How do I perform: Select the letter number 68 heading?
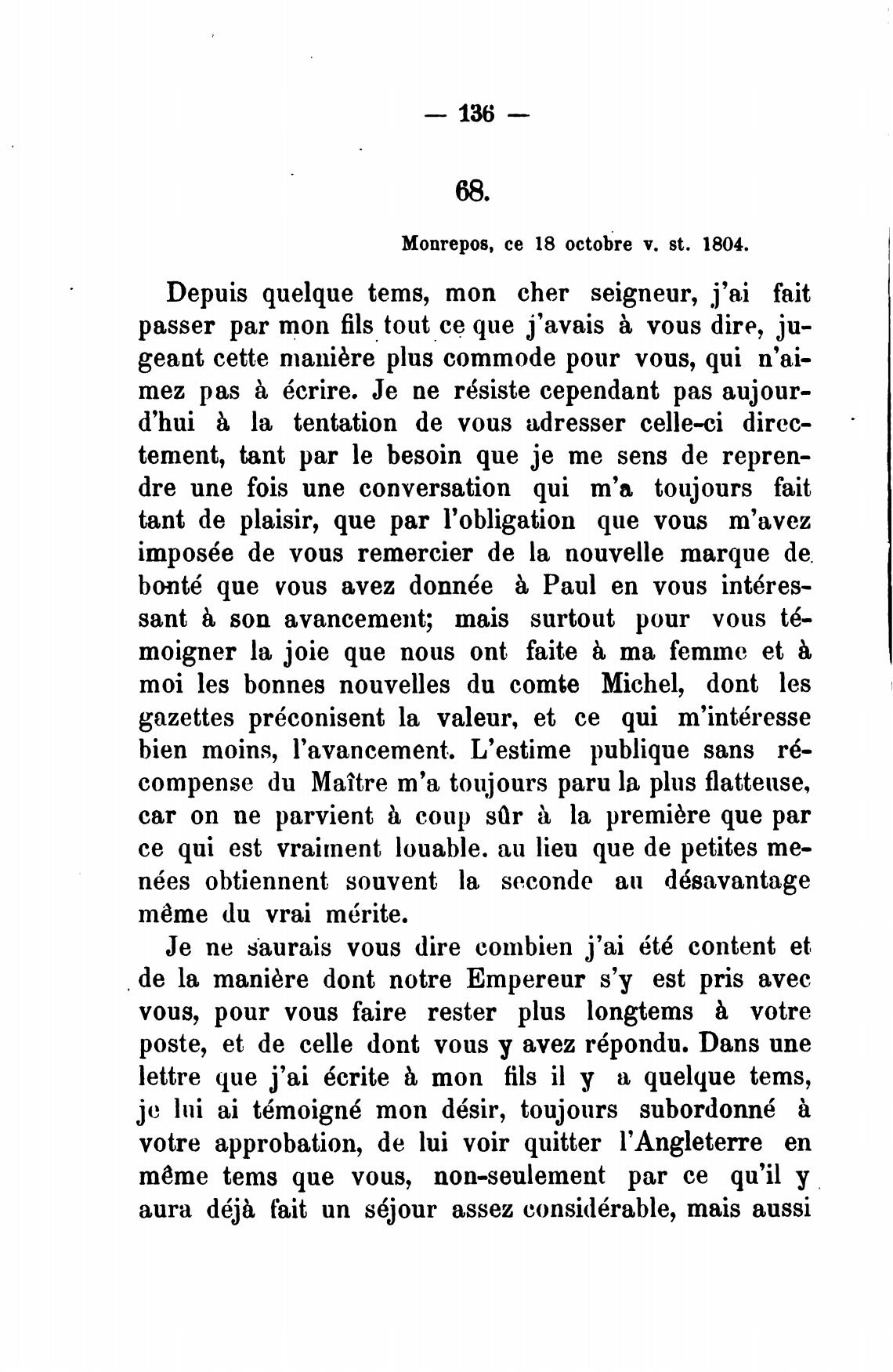pos(472,190)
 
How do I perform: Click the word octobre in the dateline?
pos(583,244)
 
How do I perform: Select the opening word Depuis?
pos(207,295)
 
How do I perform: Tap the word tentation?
pos(344,423)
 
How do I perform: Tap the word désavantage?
pos(736,881)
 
